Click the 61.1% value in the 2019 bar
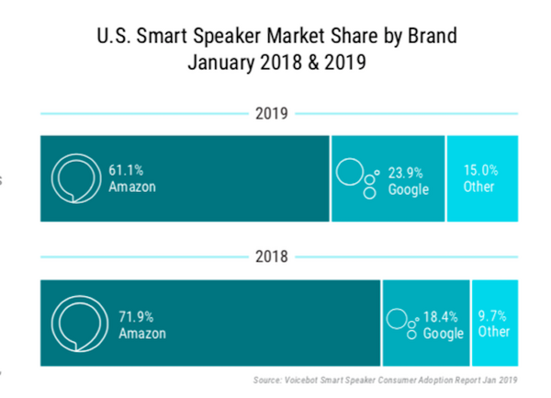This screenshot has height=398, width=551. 125,170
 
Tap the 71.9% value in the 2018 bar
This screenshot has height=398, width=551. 137,315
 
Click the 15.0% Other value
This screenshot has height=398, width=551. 479,170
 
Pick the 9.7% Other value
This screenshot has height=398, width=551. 493,316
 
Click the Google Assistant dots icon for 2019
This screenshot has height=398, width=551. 356,177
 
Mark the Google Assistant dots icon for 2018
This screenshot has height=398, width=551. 401,322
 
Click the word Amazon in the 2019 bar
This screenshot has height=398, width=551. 133,188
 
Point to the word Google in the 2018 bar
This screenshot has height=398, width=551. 444,333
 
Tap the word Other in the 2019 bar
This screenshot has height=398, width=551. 479,187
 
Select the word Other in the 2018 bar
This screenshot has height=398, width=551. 494,333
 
